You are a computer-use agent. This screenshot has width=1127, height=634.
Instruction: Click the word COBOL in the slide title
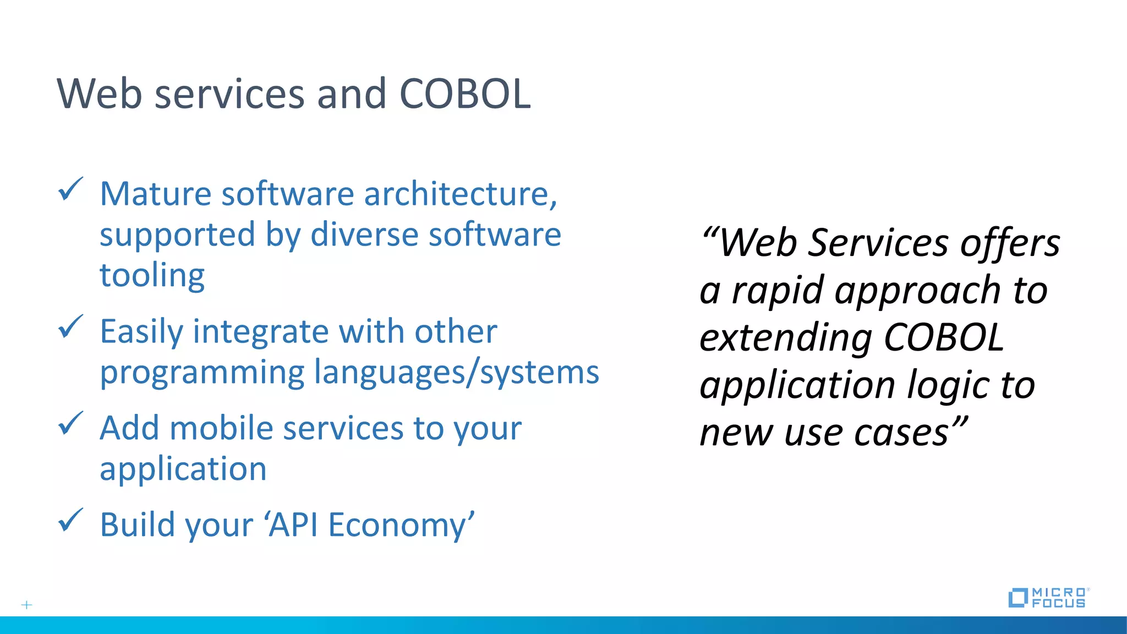pos(465,94)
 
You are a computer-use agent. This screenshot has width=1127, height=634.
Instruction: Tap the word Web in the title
pos(100,94)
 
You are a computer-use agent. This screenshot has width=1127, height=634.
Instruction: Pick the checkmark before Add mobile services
pos(70,423)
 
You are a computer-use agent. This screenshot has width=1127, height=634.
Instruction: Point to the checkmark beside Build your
pos(70,520)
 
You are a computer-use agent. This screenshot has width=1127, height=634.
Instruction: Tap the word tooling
pos(152,275)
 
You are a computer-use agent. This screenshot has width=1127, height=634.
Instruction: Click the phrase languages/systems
pos(456,373)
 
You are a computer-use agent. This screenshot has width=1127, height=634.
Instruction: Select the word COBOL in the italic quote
pos(944,337)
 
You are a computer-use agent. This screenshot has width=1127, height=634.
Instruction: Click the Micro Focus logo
pos(1047,598)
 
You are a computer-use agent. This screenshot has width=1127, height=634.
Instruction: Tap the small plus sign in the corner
pos(26,605)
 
